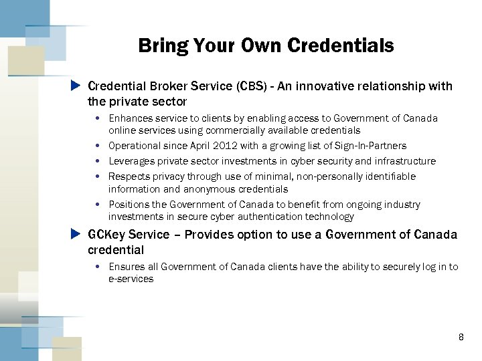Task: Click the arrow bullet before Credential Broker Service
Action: (x=76, y=86)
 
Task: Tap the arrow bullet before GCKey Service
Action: (x=76, y=234)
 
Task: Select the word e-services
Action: (x=131, y=279)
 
